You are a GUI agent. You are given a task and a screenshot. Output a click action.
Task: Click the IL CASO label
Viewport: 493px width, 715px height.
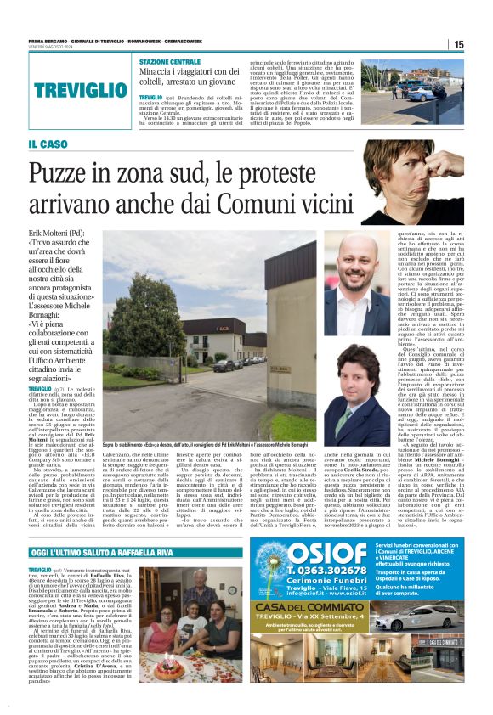click(x=48, y=144)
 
